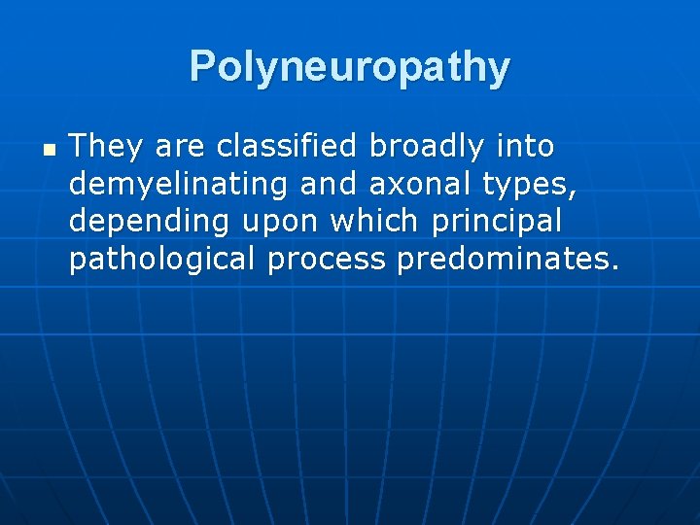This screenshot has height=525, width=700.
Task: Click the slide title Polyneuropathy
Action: tap(349, 67)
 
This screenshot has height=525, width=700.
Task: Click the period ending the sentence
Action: tap(614, 268)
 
